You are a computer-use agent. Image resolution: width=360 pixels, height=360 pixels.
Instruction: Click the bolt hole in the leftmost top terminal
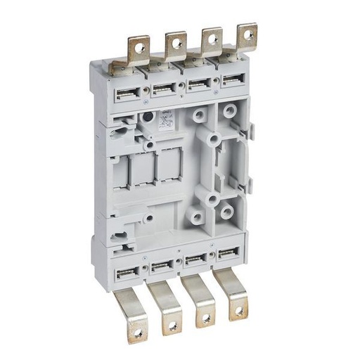[x=135, y=51]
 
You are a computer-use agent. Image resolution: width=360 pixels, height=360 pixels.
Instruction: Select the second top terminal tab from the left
[x=174, y=49]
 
